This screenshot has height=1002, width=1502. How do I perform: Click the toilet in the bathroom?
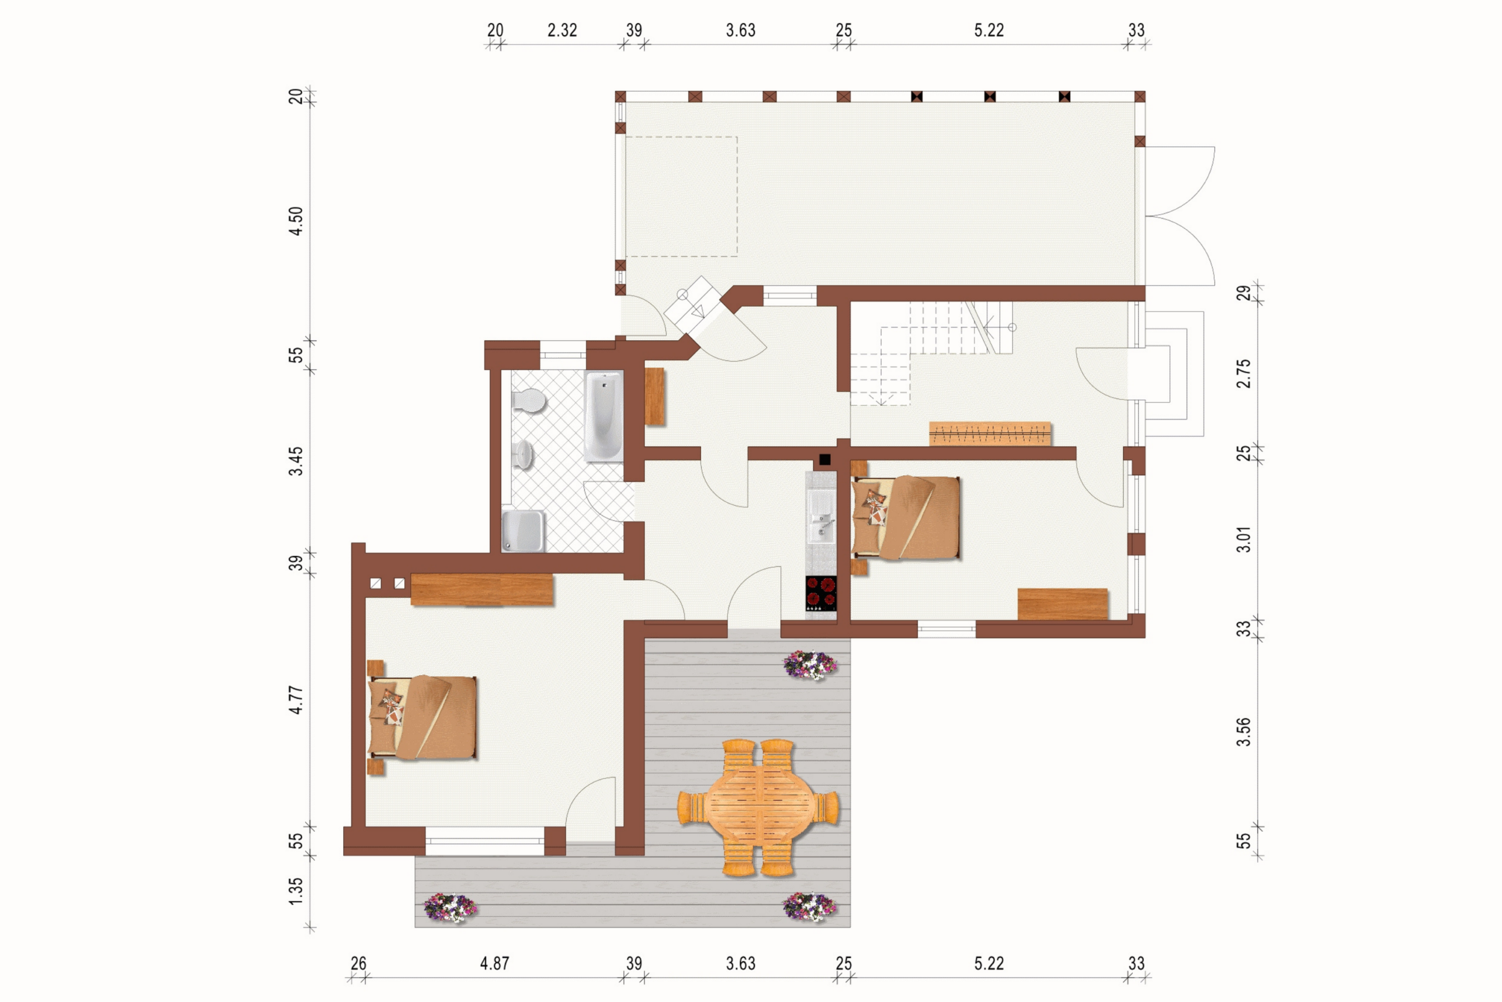coord(528,401)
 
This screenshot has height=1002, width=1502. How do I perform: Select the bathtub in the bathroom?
coord(604,416)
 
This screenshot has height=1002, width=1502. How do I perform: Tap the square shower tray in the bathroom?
coord(523,530)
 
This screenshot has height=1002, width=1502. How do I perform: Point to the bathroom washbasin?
coord(523,454)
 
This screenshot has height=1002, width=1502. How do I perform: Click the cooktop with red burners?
coord(821,593)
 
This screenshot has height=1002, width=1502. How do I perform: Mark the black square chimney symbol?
coord(825,459)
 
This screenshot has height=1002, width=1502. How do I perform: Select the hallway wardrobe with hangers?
coord(990,434)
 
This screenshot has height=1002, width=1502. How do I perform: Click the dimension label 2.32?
coord(563,30)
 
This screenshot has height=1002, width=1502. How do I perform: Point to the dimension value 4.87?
coord(495,963)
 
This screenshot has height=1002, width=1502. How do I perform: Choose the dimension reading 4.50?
coord(296,221)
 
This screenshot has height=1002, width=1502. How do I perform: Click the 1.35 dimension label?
coord(296,891)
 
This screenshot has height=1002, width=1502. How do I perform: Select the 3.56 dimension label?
coord(1244,732)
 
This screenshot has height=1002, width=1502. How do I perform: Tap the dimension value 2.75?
coord(1244,373)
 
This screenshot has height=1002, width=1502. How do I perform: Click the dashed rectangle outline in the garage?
coord(681,197)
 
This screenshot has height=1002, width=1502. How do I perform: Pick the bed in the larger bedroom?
coord(422,717)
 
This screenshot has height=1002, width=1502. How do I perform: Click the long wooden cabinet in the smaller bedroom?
coord(1063,604)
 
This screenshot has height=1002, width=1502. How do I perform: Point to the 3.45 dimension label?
coord(296,461)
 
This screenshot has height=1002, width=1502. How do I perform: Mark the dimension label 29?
coord(1244,293)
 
